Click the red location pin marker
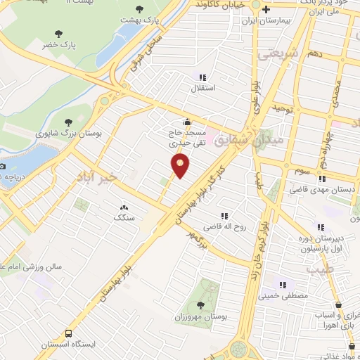(x=181, y=166)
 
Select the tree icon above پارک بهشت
(x=136, y=9)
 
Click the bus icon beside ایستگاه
(x=70, y=333)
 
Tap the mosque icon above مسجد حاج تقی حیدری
(x=186, y=120)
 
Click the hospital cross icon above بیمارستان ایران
(x=266, y=10)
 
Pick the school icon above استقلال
(x=203, y=77)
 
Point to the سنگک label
(x=124, y=218)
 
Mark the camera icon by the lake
(x=3, y=166)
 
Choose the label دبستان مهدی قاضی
(x=323, y=191)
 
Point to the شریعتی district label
(x=278, y=53)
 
